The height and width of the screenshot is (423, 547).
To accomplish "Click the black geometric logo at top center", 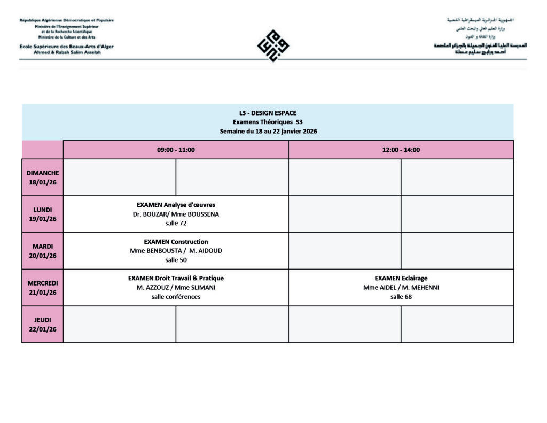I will coord(273,45).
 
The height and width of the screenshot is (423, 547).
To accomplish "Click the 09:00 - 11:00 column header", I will coord(176,150).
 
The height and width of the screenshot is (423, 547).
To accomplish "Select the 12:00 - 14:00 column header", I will coord(401,150).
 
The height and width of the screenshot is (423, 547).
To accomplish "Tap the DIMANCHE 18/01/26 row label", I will coord(43,177).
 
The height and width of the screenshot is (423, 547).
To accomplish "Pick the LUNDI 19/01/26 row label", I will coord(43,214).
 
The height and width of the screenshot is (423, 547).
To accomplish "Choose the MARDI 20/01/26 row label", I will coord(43,251).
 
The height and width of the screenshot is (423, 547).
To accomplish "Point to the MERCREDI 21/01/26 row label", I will coord(43,288).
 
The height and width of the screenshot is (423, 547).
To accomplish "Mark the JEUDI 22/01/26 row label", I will coord(43,325).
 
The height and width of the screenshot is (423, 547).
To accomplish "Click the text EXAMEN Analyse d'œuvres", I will coord(176,205).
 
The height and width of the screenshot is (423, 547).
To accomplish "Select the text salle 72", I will coord(176,224).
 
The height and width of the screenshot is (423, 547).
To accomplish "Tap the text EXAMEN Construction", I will coord(176,242).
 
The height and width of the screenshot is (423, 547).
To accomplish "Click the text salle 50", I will coord(176,260).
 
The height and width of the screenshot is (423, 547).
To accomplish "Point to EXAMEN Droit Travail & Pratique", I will coord(176,278).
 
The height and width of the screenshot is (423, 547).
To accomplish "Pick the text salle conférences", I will coord(176,297).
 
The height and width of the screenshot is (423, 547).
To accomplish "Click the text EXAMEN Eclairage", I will coord(401,278).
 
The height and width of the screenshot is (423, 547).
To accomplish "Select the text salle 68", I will coord(401,297).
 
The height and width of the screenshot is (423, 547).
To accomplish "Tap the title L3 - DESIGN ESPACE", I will coord(268,113).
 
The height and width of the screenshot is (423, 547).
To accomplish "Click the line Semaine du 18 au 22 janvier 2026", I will coord(268,131).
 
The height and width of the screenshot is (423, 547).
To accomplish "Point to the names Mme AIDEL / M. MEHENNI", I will coord(401,288).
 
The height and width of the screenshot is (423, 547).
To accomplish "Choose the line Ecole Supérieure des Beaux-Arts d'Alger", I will coord(66,47).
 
